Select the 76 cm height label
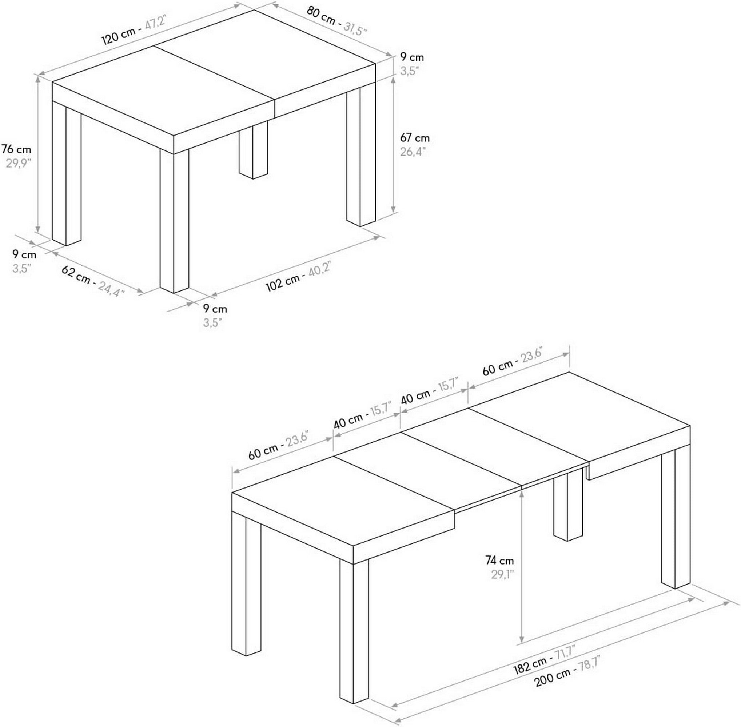16,149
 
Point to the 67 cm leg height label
415,137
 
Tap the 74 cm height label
499,560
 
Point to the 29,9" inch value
18,164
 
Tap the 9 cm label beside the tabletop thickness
412,57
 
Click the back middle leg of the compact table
253,153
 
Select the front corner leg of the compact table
174,221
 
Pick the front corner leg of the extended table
354,630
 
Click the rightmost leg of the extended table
675,519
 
